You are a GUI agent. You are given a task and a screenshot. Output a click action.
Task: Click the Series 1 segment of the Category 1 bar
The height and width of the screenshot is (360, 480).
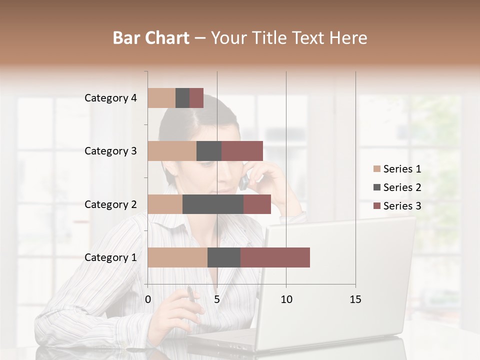pyautogui.click(x=177, y=257)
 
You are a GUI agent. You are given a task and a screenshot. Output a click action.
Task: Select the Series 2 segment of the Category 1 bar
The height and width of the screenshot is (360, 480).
pyautogui.click(x=224, y=257)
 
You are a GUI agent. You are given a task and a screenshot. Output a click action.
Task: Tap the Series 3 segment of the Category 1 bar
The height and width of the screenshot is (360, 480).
pyautogui.click(x=275, y=257)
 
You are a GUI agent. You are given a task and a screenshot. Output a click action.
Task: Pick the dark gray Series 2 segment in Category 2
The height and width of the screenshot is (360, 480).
pyautogui.click(x=213, y=204)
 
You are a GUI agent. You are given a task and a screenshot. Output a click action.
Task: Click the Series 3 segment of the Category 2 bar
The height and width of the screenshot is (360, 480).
pyautogui.click(x=257, y=204)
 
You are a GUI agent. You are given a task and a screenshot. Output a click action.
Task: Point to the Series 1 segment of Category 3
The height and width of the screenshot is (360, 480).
pyautogui.click(x=172, y=151)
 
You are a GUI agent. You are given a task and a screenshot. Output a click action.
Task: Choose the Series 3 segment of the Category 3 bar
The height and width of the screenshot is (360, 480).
pyautogui.click(x=242, y=151)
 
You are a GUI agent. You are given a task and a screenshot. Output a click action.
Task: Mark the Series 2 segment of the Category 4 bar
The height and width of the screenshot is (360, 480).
pyautogui.click(x=182, y=98)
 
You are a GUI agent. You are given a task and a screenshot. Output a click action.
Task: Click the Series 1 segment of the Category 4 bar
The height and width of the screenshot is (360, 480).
pyautogui.click(x=161, y=98)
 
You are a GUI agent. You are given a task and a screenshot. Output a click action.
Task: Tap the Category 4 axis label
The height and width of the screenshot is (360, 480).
pyautogui.click(x=110, y=98)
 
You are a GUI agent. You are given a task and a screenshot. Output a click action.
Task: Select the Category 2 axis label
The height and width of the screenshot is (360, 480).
pyautogui.click(x=110, y=204)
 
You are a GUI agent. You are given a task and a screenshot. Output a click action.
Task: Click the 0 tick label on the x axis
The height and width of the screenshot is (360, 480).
pyautogui.click(x=148, y=299)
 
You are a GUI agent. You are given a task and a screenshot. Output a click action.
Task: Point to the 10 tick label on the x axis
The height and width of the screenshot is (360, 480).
pyautogui.click(x=286, y=299)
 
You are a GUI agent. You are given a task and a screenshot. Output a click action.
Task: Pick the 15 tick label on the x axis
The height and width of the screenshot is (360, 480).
pyautogui.click(x=355, y=299)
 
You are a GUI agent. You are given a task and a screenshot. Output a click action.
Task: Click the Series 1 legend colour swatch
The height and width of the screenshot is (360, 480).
pyautogui.click(x=377, y=169)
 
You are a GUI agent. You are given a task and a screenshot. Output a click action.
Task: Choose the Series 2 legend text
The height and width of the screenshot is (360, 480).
pyautogui.click(x=402, y=187)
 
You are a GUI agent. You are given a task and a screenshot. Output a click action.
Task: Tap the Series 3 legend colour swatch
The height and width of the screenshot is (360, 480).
pyautogui.click(x=377, y=206)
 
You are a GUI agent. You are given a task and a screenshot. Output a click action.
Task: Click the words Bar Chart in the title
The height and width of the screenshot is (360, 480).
pyautogui.click(x=151, y=38)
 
